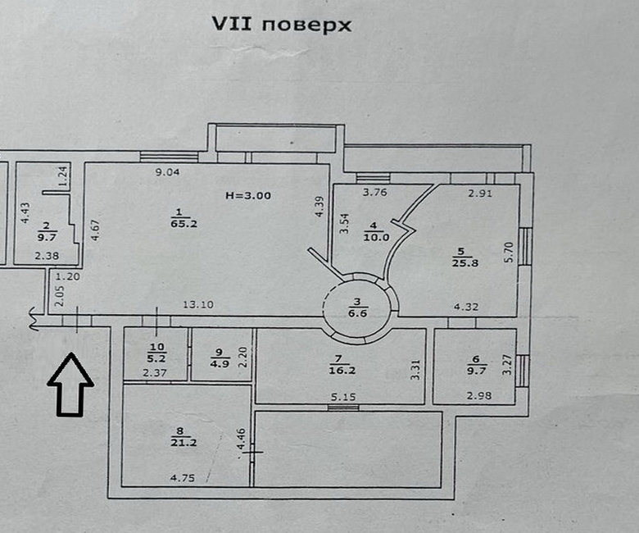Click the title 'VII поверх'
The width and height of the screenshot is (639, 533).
tap(282, 25)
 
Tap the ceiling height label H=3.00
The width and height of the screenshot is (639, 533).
tap(247, 195)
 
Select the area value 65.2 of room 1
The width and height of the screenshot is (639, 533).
tap(177, 222)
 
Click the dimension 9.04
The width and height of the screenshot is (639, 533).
tap(168, 172)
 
